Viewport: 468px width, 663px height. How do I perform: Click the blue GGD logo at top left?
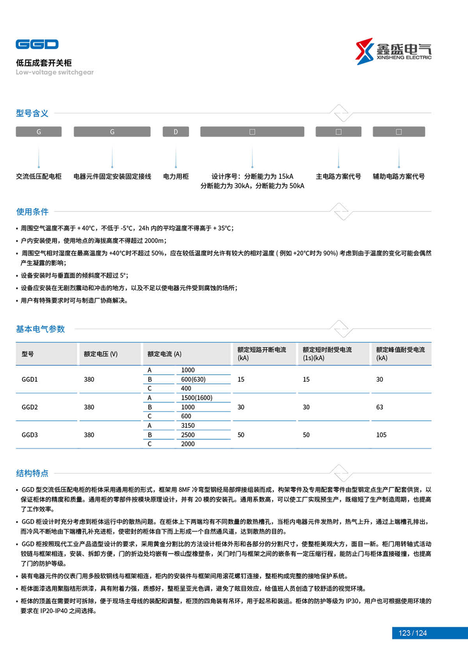coord(37,44)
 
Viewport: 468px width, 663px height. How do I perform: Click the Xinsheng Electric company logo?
coord(393,51)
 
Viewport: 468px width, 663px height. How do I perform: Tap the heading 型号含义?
coord(32,113)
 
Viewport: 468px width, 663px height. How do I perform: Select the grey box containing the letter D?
coord(175,132)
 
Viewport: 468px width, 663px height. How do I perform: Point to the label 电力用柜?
coord(175,176)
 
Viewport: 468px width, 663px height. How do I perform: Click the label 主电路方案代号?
coord(338,176)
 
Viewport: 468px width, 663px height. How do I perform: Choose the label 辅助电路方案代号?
coord(398,176)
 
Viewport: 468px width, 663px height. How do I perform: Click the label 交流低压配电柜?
coord(39,176)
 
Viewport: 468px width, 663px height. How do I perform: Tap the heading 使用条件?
coord(32,211)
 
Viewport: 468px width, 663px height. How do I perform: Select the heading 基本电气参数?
coord(40,329)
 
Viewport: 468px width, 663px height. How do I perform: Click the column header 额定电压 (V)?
coord(101,354)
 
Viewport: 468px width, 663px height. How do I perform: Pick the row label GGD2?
coord(29,407)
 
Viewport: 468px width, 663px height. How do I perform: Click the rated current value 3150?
coord(188,425)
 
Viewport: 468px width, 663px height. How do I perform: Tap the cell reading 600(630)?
coord(193,379)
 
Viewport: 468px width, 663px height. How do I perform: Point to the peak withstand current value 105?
coord(381,435)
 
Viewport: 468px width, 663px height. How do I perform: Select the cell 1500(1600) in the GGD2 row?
coord(197,398)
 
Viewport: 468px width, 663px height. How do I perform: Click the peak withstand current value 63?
coord(380,407)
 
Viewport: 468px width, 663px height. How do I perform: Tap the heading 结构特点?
coord(32,473)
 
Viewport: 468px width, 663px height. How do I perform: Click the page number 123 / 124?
coord(412,633)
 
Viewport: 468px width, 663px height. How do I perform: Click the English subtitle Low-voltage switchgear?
coord(55,73)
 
